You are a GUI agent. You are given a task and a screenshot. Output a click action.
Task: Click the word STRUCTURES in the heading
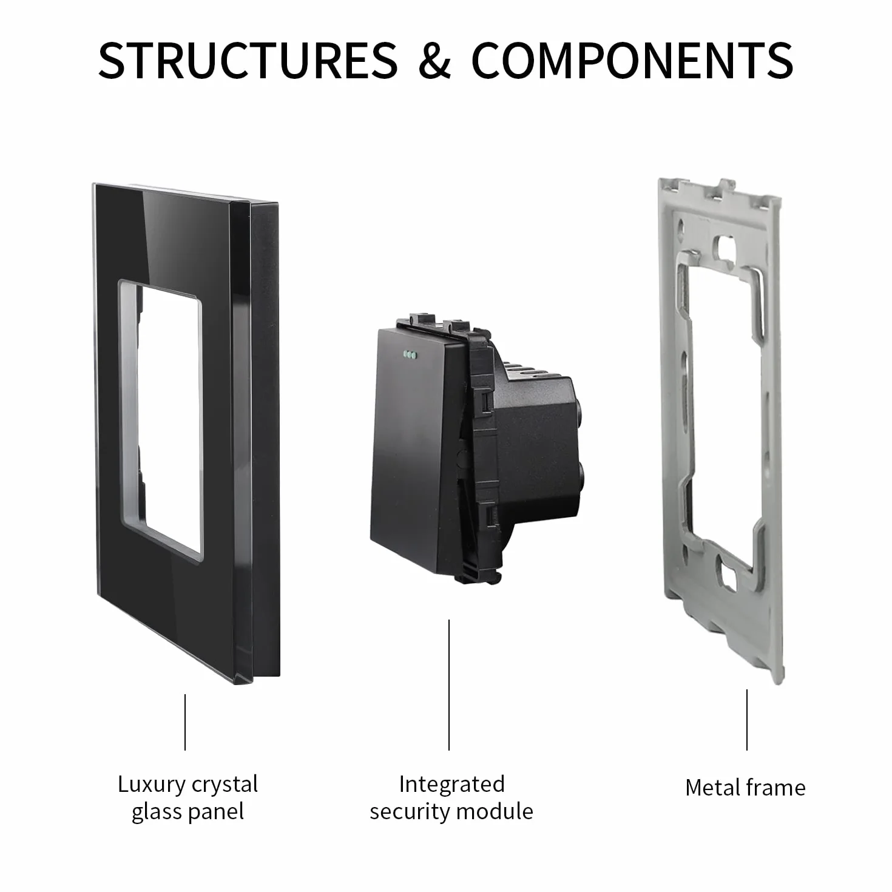point(248,61)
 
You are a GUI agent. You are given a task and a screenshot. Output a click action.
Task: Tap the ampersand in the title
point(434,61)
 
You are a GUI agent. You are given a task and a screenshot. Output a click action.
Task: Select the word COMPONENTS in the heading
point(632,61)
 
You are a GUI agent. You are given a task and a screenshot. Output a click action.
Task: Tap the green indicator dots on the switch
point(410,355)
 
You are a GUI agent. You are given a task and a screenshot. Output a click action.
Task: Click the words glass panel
point(188,813)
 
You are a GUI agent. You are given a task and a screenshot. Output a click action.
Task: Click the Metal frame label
point(745,788)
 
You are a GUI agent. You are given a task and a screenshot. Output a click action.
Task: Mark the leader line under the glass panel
point(185,722)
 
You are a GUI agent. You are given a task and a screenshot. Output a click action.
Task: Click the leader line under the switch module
point(449,685)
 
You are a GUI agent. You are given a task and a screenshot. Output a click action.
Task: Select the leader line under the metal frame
point(746,720)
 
